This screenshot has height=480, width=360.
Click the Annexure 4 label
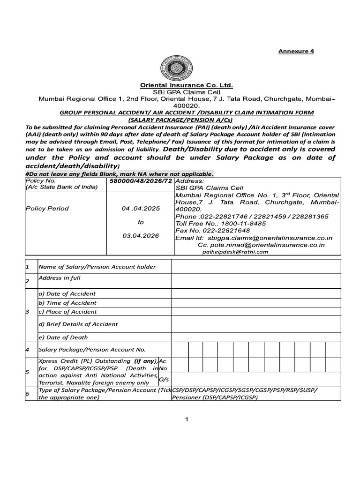pos(297,52)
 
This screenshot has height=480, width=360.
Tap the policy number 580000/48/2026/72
pos(141,180)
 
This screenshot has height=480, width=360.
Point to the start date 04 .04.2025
pos(141,209)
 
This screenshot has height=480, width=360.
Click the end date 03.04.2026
pos(141,236)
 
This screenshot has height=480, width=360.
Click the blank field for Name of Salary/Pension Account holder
pos(255,267)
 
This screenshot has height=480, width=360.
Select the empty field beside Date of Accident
pos(255,293)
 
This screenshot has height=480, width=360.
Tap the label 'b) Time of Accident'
pos(67,303)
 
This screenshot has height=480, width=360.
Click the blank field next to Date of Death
pos(255,337)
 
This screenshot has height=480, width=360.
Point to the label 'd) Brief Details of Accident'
pos(78,324)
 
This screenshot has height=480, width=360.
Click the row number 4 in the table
pos(28,350)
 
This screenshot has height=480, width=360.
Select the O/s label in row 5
pos(164,379)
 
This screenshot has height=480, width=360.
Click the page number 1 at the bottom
pos(186,419)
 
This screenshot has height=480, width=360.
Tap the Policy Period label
pos(47,209)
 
